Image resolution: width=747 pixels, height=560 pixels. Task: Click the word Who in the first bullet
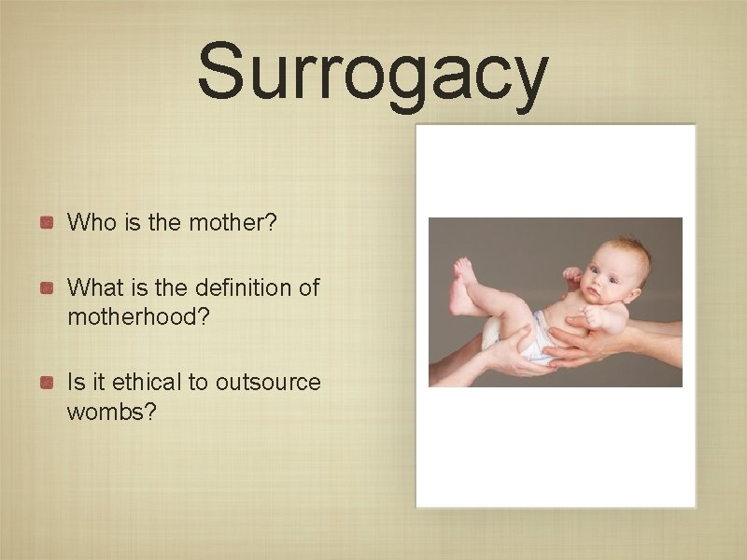(90, 223)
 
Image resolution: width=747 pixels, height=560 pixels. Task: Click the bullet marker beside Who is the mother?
(46, 223)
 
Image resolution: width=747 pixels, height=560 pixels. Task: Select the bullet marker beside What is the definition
(46, 287)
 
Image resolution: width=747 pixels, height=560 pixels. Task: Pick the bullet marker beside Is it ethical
(46, 382)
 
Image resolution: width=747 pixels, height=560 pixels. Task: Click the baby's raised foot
(464, 272)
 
